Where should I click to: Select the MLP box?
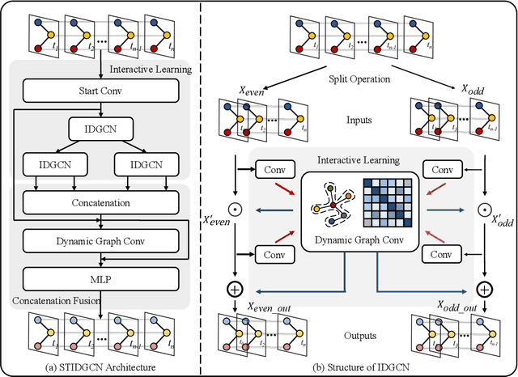point(100,279)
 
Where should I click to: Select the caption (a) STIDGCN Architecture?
point(100,369)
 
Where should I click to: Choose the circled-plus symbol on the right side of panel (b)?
point(486,288)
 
